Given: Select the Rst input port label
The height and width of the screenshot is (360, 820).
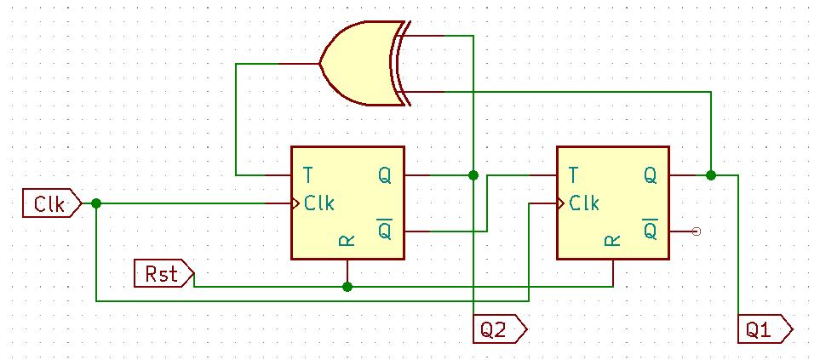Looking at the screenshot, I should click(163, 274).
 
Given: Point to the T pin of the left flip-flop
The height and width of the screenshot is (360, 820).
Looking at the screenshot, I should click(307, 175).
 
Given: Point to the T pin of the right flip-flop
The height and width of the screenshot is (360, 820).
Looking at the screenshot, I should click(573, 175).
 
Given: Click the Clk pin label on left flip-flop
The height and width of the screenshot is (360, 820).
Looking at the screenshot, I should click(319, 203).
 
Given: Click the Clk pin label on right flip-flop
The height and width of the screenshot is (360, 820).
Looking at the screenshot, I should click(584, 203).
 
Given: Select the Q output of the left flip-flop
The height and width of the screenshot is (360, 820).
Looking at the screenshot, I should click(385, 175).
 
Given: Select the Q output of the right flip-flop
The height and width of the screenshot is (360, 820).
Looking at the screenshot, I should click(650, 175).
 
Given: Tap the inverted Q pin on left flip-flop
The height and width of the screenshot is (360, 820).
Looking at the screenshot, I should click(385, 230).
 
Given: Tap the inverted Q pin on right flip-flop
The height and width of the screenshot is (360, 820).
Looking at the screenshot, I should click(650, 230).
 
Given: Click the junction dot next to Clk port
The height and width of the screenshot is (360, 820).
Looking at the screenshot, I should click(96, 203).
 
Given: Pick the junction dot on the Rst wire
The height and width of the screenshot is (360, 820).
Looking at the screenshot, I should click(347, 287).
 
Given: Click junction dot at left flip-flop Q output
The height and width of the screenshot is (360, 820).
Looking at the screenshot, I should click(473, 175).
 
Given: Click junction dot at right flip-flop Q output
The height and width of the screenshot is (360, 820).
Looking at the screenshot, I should click(711, 175).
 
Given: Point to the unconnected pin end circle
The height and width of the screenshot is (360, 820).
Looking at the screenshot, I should click(697, 231).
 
